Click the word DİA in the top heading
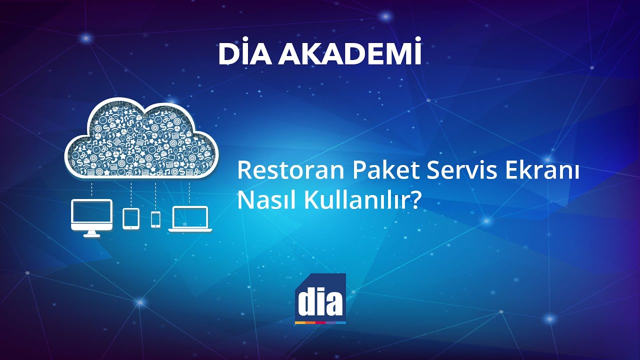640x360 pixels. point(244,54)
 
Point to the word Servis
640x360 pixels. point(460,171)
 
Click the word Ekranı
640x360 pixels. point(542,171)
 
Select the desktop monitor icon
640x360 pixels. point(92,215)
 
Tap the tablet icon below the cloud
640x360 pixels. point(131,218)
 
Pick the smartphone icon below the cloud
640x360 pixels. point(155,219)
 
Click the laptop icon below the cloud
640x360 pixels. point(190,219)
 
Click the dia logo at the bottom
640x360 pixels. point(320,298)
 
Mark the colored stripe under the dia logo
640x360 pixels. point(320,323)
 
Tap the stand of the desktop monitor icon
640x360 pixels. point(92,233)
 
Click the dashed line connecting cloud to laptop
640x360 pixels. point(189,192)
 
